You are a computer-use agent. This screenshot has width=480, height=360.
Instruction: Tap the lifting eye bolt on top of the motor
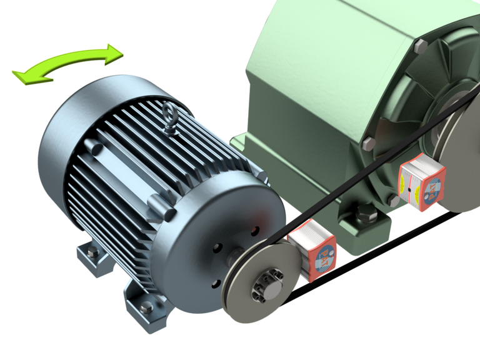pyautogui.click(x=169, y=116)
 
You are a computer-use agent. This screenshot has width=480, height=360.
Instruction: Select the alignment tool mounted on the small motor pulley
pyautogui.click(x=316, y=249)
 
